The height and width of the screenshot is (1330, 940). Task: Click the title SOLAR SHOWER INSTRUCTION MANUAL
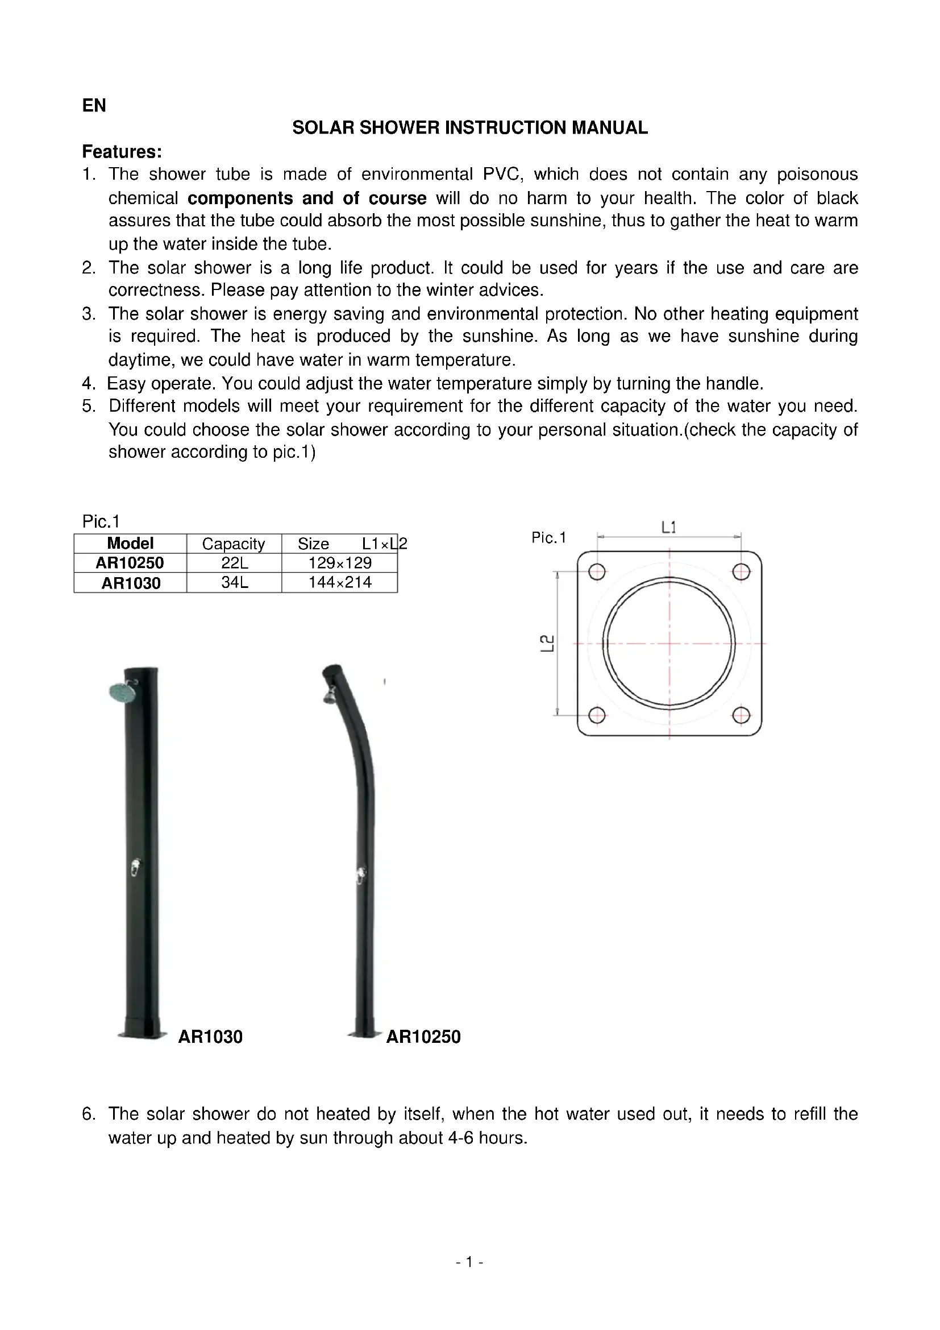(x=469, y=127)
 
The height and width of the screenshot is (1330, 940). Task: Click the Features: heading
(x=122, y=152)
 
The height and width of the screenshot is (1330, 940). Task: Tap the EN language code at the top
(x=94, y=105)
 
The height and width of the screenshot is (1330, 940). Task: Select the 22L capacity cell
(x=234, y=563)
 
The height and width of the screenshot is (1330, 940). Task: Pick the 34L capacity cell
(x=234, y=583)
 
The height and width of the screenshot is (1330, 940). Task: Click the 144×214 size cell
(x=340, y=583)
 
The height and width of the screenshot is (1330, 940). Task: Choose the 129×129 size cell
(x=340, y=563)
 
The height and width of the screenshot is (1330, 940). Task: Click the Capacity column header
(x=233, y=544)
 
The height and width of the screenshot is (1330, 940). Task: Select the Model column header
(x=130, y=544)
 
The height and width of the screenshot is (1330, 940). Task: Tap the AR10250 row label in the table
(x=130, y=563)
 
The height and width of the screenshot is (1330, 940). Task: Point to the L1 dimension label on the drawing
(x=668, y=527)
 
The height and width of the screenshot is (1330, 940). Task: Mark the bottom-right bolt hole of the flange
(x=741, y=715)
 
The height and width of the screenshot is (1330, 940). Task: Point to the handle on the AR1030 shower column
(x=134, y=867)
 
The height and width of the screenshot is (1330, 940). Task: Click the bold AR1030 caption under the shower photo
(x=210, y=1037)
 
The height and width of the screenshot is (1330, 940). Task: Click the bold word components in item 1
(x=240, y=198)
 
